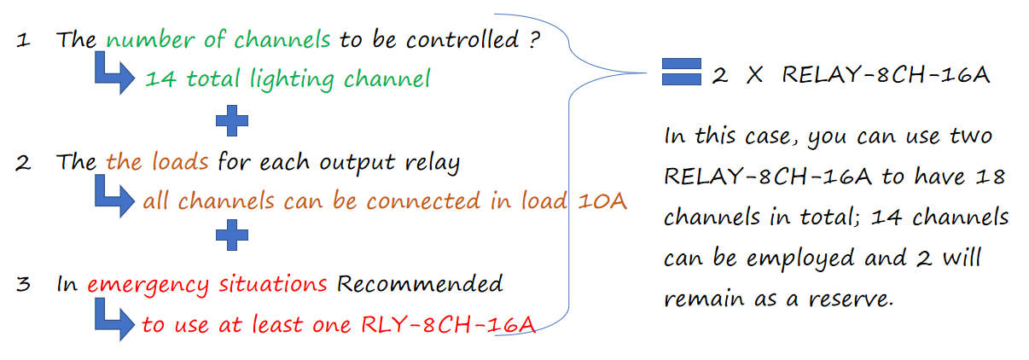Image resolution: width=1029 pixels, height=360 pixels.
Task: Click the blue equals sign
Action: [681, 72]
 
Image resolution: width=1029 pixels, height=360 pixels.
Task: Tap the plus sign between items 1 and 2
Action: [232, 121]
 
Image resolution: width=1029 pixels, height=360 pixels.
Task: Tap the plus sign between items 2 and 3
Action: [232, 235]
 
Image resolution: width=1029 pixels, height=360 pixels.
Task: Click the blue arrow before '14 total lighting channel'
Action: [115, 74]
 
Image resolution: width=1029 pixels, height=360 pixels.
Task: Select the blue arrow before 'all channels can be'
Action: [115, 197]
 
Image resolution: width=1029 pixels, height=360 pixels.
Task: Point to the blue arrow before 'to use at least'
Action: [115, 321]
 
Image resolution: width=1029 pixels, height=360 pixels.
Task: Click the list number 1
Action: [23, 40]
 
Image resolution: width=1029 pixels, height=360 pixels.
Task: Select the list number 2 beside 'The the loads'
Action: [23, 163]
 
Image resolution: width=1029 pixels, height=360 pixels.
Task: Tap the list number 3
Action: [23, 285]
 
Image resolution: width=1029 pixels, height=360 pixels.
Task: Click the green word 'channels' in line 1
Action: [282, 39]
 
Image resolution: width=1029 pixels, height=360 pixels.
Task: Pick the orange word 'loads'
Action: [180, 161]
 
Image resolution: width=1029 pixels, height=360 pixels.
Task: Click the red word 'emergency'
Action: [148, 286]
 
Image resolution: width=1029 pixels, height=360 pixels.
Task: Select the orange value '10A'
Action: [602, 201]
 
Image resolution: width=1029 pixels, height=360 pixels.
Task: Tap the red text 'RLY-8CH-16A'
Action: [448, 325]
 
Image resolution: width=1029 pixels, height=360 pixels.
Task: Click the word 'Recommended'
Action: [420, 284]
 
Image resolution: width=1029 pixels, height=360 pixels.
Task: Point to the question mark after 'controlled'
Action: [534, 39]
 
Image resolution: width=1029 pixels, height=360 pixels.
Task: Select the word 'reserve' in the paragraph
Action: [849, 299]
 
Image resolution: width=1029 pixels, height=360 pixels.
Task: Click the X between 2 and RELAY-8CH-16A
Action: [755, 75]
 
